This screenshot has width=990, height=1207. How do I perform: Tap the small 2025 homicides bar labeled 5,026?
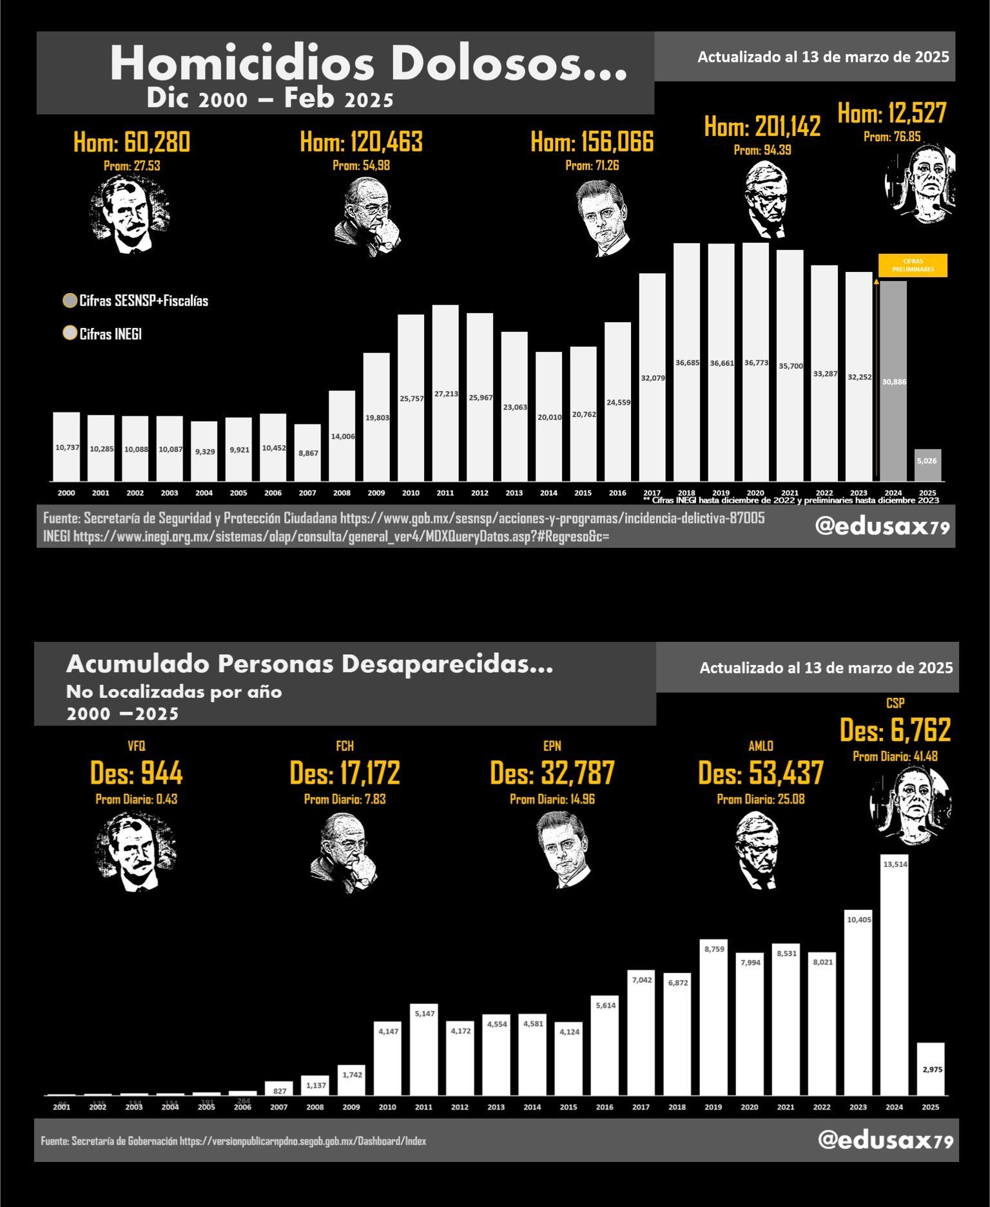tap(927, 465)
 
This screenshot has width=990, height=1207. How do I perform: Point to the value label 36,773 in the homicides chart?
tap(756, 363)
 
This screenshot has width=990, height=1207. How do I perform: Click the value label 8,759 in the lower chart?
tap(714, 949)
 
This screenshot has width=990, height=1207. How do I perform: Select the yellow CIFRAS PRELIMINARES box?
tap(913, 266)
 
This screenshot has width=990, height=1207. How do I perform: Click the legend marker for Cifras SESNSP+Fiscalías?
tap(70, 301)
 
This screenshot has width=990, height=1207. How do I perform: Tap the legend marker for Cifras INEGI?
tap(70, 333)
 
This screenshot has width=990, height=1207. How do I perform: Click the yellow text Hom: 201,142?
tap(762, 126)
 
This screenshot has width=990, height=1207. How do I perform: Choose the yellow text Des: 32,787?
tap(552, 773)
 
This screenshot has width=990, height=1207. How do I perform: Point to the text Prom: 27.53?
tap(132, 166)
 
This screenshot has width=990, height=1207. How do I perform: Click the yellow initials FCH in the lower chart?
tap(345, 746)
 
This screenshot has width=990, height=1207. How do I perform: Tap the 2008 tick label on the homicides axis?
tap(342, 493)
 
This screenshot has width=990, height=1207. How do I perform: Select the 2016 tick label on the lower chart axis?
tap(605, 1107)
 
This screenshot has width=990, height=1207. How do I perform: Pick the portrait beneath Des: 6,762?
tap(910, 806)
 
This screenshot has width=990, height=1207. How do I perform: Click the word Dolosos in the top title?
tap(509, 64)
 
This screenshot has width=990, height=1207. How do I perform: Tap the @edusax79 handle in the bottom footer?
tap(885, 1140)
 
